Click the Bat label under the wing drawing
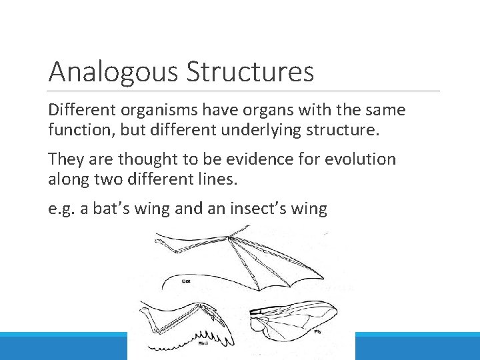(x=187, y=282)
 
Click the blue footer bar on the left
(x=63, y=346)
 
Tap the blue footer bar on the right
(x=417, y=346)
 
